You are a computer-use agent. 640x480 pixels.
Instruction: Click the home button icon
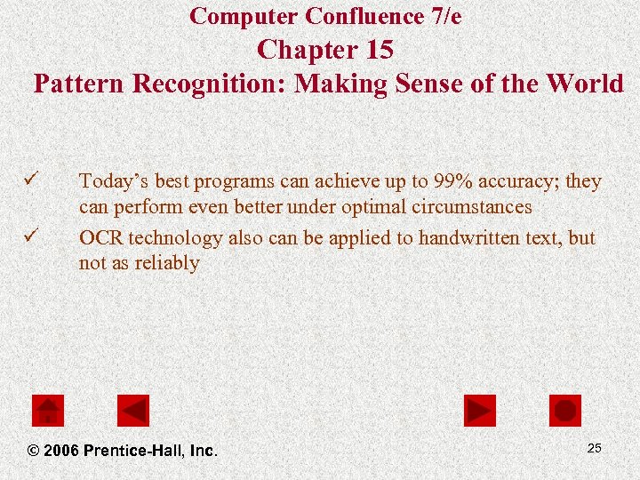point(48,410)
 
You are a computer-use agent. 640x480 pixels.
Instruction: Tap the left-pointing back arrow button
point(133,410)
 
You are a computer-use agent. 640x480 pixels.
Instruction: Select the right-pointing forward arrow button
point(480,410)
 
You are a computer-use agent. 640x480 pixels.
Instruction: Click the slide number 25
point(594,448)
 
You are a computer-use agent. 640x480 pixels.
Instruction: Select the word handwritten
point(466,238)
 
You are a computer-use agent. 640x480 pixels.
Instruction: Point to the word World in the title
point(584,84)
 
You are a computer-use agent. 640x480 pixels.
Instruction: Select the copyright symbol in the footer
point(33,451)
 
